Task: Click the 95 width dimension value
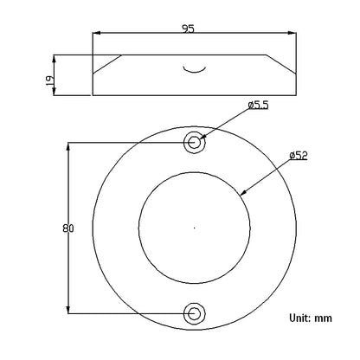tap(189, 29)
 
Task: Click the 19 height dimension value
tap(49, 80)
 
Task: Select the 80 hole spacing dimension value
tap(68, 228)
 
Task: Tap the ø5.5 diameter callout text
tap(258, 105)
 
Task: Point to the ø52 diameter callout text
tap(299, 156)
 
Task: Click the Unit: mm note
tap(311, 318)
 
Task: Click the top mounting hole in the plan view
tap(195, 143)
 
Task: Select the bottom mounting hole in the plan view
tap(195, 313)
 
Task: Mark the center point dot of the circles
tap(195, 228)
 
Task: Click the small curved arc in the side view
tap(195, 71)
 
